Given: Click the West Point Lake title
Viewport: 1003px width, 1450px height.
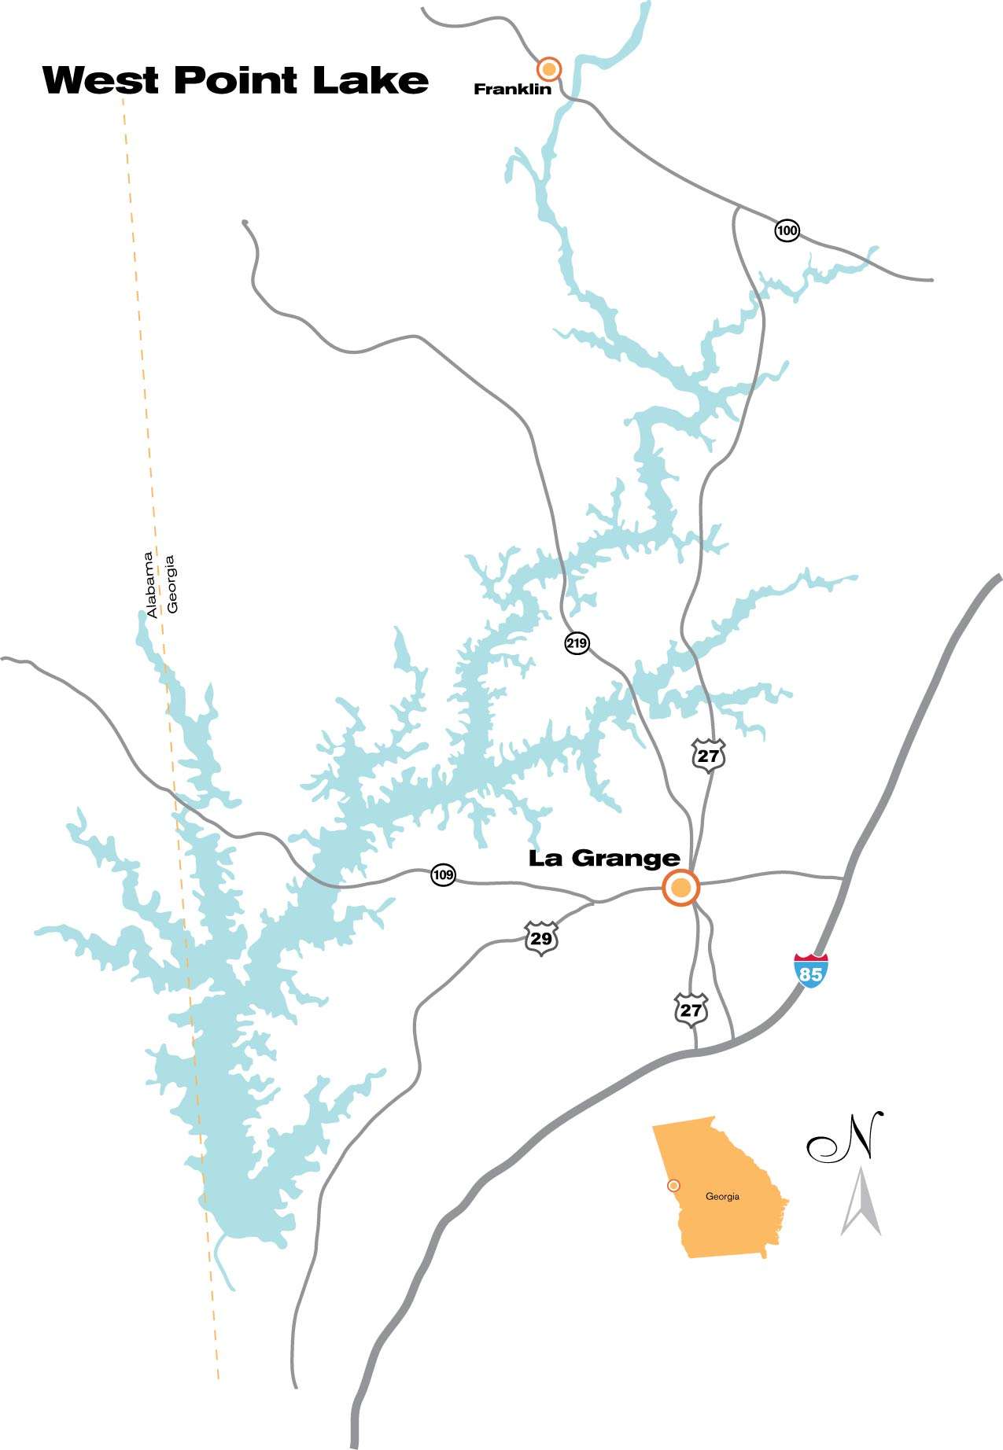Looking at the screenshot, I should pos(235,80).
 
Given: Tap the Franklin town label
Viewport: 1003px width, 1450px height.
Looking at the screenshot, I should pos(512,90).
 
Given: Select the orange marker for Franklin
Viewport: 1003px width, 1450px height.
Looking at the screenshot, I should pos(550,69).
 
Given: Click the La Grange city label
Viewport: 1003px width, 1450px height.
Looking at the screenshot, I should pos(603,858).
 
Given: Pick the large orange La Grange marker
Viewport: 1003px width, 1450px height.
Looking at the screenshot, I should pos(681,888).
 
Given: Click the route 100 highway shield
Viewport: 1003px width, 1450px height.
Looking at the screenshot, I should pos(787,230).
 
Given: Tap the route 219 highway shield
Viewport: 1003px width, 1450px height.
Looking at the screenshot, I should pos(577,644).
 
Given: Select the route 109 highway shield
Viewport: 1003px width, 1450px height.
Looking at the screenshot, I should pos(443,874).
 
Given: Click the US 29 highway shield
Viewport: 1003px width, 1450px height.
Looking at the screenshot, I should pos(541,938).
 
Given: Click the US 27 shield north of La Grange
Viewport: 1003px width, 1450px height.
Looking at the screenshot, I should pos(708,756).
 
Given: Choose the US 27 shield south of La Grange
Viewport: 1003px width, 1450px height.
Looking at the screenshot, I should pos(691,1010).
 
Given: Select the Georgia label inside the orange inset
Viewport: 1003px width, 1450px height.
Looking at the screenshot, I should pos(722,1197).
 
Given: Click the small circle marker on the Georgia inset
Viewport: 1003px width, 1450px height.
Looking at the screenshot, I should pos(673,1185).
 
